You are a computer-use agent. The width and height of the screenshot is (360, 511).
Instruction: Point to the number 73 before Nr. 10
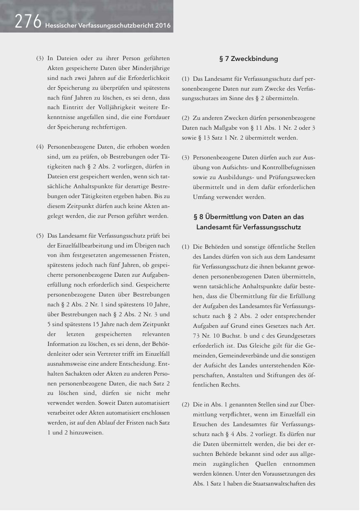(197, 336)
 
